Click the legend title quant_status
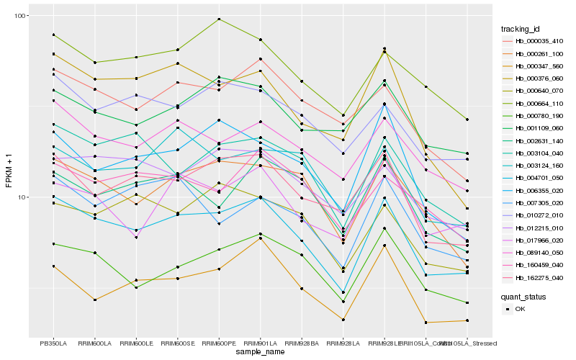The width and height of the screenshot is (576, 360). point(528,296)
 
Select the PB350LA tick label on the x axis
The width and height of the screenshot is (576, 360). point(53,343)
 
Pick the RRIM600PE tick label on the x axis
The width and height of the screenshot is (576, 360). point(219,343)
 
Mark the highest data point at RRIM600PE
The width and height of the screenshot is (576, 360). point(219,19)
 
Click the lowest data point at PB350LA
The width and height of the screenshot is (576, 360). point(53,266)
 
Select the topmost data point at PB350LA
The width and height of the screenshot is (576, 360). point(53,35)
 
